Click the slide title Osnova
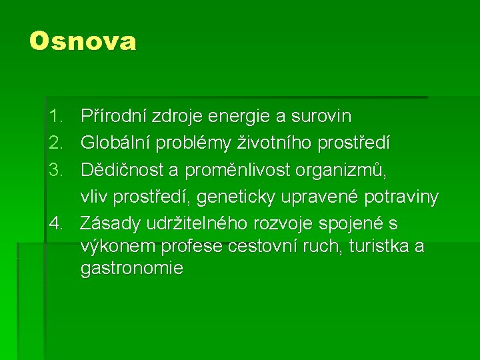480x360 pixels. [x=83, y=41]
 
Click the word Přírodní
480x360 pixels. [x=113, y=117]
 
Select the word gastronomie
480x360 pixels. [x=131, y=269]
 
